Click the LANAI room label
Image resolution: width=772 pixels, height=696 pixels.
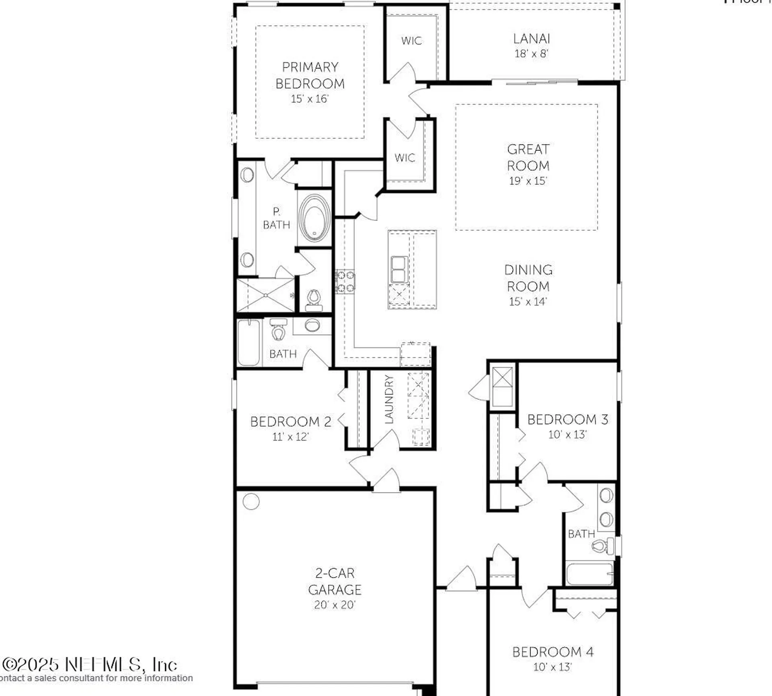pyautogui.click(x=531, y=39)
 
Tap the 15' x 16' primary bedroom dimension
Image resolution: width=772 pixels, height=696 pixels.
pyautogui.click(x=310, y=99)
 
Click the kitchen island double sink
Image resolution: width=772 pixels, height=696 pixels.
pyautogui.click(x=399, y=269)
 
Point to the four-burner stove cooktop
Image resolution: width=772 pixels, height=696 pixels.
pyautogui.click(x=345, y=281)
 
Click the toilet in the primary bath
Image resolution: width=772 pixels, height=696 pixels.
pyautogui.click(x=314, y=300)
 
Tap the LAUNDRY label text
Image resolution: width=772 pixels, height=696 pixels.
pyautogui.click(x=388, y=399)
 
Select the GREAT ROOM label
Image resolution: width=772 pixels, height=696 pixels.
pyautogui.click(x=528, y=157)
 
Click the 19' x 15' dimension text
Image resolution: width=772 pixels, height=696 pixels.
pyautogui.click(x=528, y=181)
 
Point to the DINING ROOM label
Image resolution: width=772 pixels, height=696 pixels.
pyautogui.click(x=528, y=278)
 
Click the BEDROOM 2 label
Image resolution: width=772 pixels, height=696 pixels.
pyautogui.click(x=290, y=422)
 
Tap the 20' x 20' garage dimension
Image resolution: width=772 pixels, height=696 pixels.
pyautogui.click(x=335, y=605)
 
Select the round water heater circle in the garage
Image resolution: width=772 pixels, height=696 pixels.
pyautogui.click(x=251, y=501)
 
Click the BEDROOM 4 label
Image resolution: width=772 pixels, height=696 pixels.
pyautogui.click(x=552, y=652)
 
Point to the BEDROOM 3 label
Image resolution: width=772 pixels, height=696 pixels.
pyautogui.click(x=567, y=420)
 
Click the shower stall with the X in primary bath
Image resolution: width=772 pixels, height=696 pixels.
pyautogui.click(x=266, y=295)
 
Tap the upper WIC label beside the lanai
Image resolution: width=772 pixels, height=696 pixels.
pyautogui.click(x=411, y=41)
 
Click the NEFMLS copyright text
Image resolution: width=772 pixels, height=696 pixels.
pyautogui.click(x=89, y=665)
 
